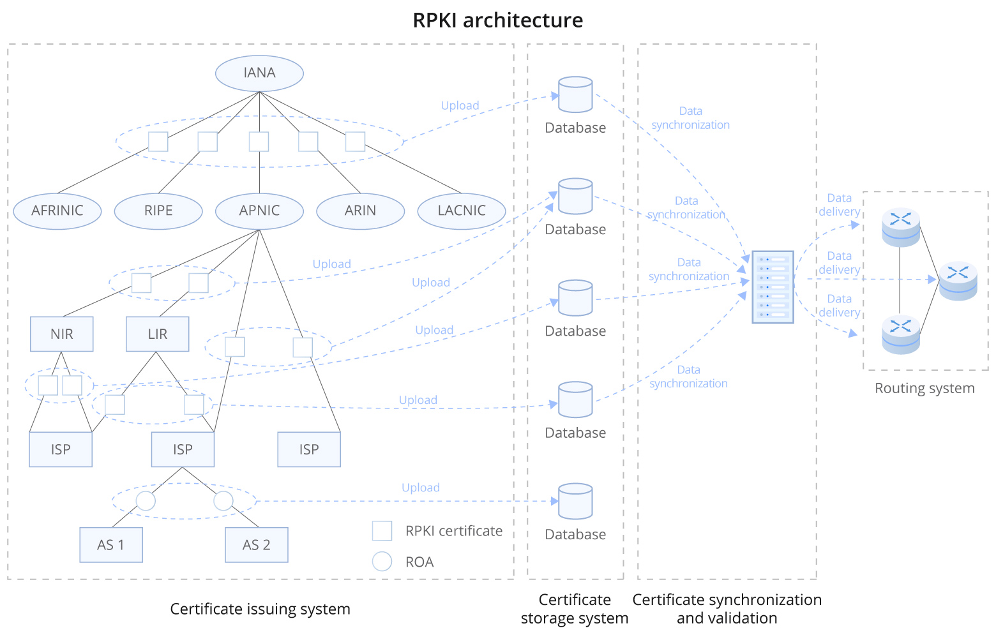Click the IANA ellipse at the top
click(x=259, y=73)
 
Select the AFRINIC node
click(x=57, y=211)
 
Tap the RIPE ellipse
click(x=158, y=211)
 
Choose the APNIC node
click(x=259, y=211)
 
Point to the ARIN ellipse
click(x=360, y=211)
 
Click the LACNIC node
click(x=461, y=211)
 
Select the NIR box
click(x=62, y=334)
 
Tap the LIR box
click(x=157, y=334)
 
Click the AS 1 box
click(x=111, y=544)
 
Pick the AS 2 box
click(x=256, y=544)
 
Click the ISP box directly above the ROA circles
click(x=183, y=449)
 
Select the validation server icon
click(x=773, y=287)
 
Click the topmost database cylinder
click(x=575, y=94)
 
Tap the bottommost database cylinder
click(x=575, y=501)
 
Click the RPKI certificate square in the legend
click(x=382, y=530)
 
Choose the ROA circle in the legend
click(x=382, y=561)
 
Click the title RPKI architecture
click(x=497, y=20)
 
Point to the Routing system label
click(x=924, y=388)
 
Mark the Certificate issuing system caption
click(x=260, y=609)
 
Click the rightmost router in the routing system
click(x=958, y=280)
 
